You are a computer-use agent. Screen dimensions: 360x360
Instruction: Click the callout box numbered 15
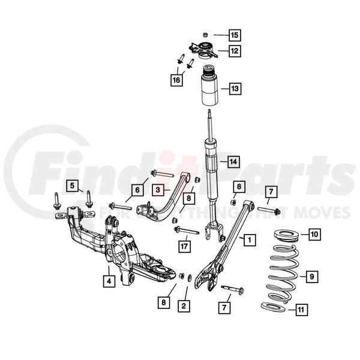click(x=235, y=35)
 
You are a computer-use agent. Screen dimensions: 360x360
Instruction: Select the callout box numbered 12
click(x=235, y=50)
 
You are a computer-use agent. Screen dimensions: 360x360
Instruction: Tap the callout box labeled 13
click(x=235, y=88)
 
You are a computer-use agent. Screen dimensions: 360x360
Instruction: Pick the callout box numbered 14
click(x=233, y=161)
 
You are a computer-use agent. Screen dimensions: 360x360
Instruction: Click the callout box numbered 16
click(x=176, y=80)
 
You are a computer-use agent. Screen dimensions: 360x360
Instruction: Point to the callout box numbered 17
click(x=184, y=247)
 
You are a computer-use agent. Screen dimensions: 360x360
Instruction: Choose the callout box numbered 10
click(x=314, y=234)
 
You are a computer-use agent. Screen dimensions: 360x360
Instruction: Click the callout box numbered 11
click(x=301, y=310)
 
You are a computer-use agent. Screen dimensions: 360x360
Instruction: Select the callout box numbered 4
click(x=109, y=281)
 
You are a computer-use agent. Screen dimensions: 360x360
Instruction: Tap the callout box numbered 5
click(x=73, y=186)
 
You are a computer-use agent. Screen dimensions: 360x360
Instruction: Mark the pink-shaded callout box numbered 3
click(x=158, y=190)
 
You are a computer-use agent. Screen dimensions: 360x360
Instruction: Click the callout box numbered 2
click(x=184, y=306)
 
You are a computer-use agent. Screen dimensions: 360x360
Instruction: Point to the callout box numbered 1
click(x=250, y=240)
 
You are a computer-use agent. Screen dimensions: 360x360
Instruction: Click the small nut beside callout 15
click(x=205, y=35)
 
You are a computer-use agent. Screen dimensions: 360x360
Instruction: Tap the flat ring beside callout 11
click(x=274, y=307)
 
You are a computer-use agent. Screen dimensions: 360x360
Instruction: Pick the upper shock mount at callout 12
click(x=203, y=50)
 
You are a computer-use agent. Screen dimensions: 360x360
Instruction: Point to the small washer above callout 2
click(x=190, y=278)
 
